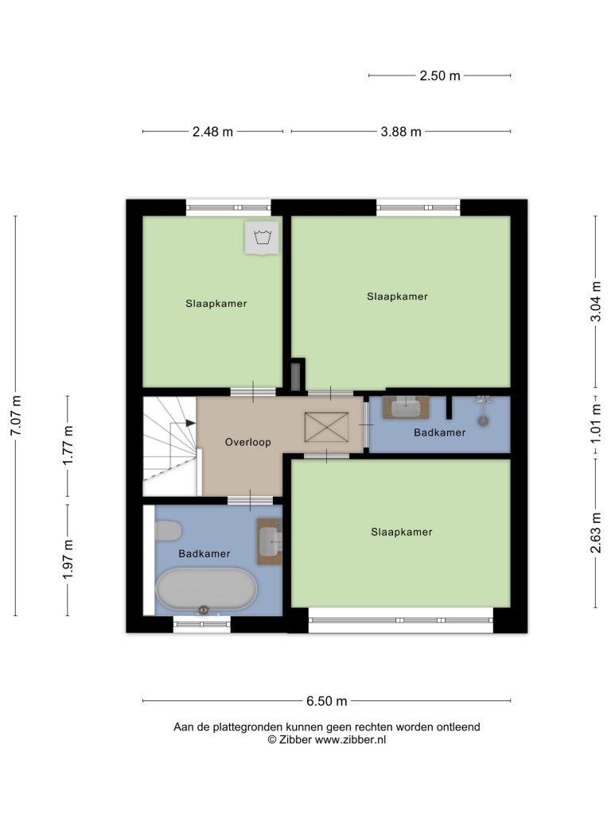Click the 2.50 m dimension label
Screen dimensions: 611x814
(439, 76)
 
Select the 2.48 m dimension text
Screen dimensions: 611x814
(212, 132)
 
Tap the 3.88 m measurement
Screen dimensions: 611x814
(401, 132)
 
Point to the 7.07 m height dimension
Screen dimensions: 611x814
(16, 416)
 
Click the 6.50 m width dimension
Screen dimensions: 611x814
(326, 701)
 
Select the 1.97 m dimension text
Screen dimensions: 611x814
(68, 560)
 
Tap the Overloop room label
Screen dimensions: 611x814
(248, 442)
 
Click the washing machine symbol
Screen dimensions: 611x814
(263, 238)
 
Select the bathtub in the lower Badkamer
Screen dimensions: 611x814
(206, 589)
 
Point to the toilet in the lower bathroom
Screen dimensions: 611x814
(169, 531)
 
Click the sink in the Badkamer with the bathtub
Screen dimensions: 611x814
(270, 541)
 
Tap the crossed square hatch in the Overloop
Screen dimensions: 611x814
(326, 427)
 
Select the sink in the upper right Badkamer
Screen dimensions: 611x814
(406, 407)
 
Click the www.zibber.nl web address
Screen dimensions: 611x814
(350, 740)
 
